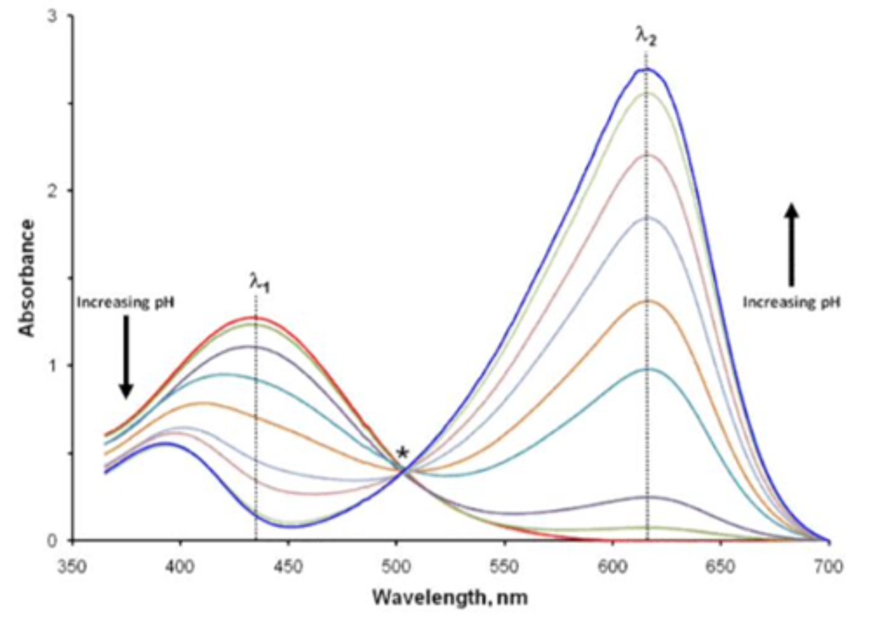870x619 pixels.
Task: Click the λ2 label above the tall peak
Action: click(646, 37)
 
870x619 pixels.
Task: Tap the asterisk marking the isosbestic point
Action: click(402, 453)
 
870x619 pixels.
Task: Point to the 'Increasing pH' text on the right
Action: click(791, 302)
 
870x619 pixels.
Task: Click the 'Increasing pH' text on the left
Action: click(126, 302)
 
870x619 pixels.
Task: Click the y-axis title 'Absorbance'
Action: click(27, 278)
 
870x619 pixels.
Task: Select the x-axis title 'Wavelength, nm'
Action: click(450, 598)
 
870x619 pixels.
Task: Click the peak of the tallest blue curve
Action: click(645, 69)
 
